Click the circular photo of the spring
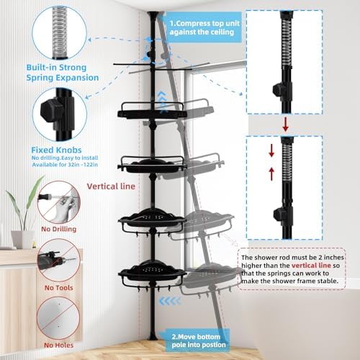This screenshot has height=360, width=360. pos(58,27)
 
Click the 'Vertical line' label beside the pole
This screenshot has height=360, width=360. pos(112,185)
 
